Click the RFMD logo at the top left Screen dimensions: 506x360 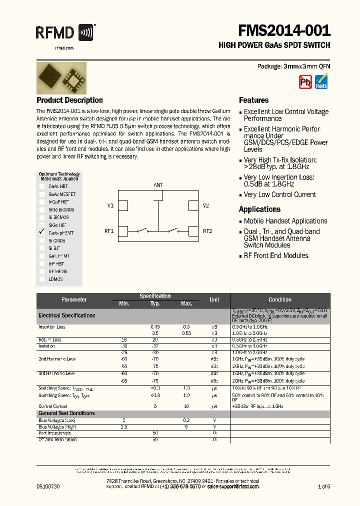pyautogui.click(x=64, y=33)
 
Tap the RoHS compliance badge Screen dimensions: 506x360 pyautogui.click(x=321, y=81)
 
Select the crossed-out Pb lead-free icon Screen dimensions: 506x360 pyautogui.click(x=305, y=82)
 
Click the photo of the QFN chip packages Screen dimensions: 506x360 pyautogui.click(x=61, y=78)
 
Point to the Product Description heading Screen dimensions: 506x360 pyautogui.click(x=69, y=100)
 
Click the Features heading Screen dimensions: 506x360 pyautogui.click(x=253, y=100)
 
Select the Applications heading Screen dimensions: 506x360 pyautogui.click(x=259, y=209)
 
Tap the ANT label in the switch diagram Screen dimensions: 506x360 pyautogui.click(x=158, y=185)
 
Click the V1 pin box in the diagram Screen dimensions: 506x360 pyautogui.click(x=123, y=205)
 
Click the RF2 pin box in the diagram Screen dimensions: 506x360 pyautogui.click(x=193, y=231)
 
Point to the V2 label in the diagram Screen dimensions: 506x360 pyautogui.click(x=205, y=205)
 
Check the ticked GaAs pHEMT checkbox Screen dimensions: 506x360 pyautogui.click(x=42, y=233)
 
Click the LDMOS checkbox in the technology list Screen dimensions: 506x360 pyautogui.click(x=42, y=279)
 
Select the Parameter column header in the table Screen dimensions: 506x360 pyautogui.click(x=74, y=299)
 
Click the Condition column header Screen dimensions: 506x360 pyautogui.click(x=279, y=299)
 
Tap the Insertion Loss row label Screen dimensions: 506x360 pyautogui.click(x=52, y=327)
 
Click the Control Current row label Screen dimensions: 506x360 pyautogui.click(x=53, y=406)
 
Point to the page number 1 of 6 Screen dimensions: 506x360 pyautogui.click(x=324, y=486)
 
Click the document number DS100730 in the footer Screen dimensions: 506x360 pyautogui.click(x=48, y=486)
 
